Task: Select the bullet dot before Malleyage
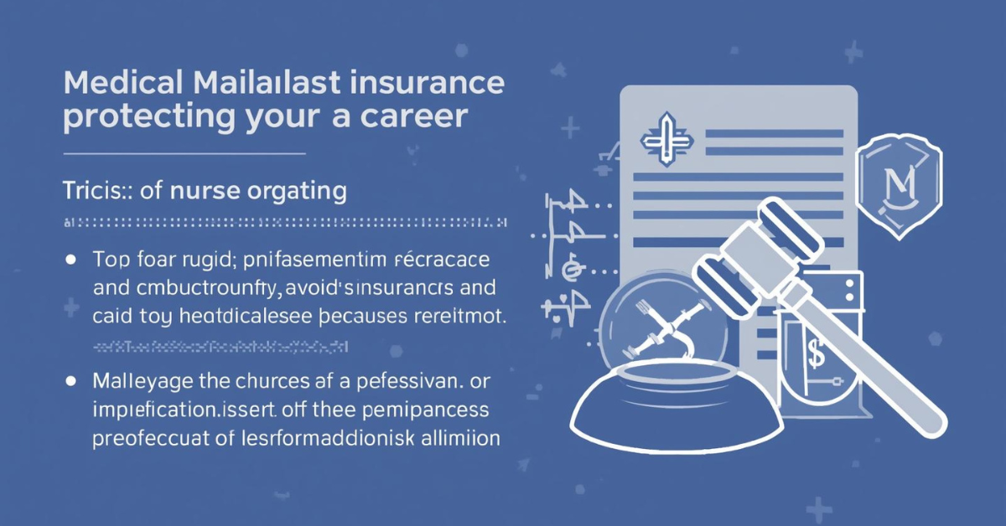tap(70, 382)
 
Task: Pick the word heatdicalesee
tap(239, 319)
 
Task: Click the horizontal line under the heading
tap(184, 154)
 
